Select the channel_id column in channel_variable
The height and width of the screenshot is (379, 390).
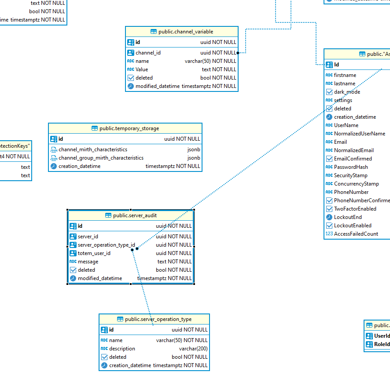point(148,53)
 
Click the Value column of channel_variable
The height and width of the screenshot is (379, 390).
point(142,69)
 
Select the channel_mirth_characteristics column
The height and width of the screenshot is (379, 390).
point(93,149)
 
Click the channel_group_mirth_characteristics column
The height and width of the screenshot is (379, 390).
point(101,158)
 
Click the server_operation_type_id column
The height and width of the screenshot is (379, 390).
point(106,245)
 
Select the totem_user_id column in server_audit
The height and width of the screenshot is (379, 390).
point(94,253)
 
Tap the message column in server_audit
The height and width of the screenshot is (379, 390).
point(88,262)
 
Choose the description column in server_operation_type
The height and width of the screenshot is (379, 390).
point(122,349)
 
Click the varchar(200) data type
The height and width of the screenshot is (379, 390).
point(193,349)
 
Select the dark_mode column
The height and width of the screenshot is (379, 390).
point(347,92)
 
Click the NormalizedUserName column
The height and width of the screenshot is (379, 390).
point(359,134)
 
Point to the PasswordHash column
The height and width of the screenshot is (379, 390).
point(351,167)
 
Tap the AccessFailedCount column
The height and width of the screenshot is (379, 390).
point(356,234)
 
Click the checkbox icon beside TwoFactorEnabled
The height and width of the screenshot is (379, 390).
point(329,209)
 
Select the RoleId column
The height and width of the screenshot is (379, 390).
point(382,344)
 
